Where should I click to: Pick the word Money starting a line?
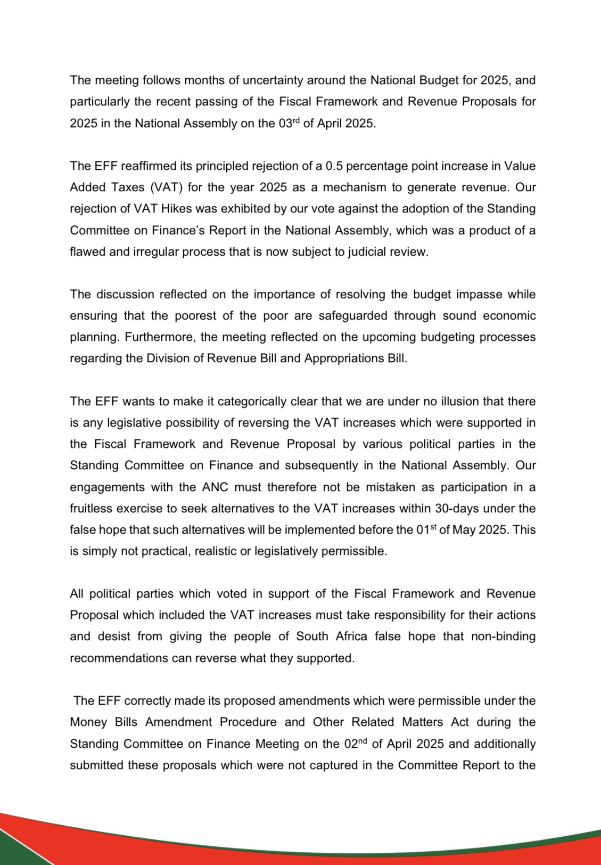click(x=87, y=722)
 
